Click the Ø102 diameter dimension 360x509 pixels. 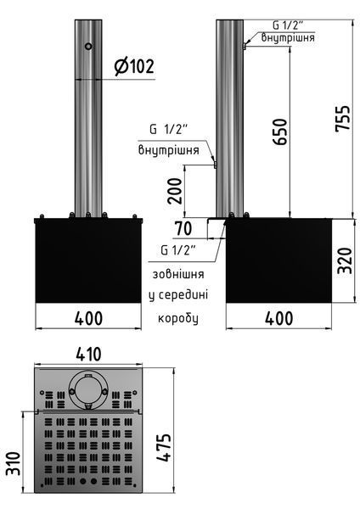click(134, 66)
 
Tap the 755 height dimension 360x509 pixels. click(343, 119)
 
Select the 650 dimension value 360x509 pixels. click(280, 131)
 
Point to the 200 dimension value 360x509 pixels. click(175, 191)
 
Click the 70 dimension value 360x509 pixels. click(183, 228)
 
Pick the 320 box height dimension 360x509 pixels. click(344, 260)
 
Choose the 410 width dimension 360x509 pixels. click(88, 354)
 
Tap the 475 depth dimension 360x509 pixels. click(163, 447)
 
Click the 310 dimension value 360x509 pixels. click(14, 463)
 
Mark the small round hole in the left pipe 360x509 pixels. click(88, 46)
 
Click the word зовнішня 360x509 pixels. click(178, 274)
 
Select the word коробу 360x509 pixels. click(178, 318)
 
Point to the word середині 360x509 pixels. click(183, 295)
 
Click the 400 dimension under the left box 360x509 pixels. click(88, 318)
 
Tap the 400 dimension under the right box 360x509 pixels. click(278, 318)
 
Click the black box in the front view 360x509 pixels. click(88, 260)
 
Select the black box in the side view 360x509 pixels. click(278, 260)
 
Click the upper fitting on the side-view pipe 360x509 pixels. click(245, 47)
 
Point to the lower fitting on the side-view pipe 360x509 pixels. click(215, 165)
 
